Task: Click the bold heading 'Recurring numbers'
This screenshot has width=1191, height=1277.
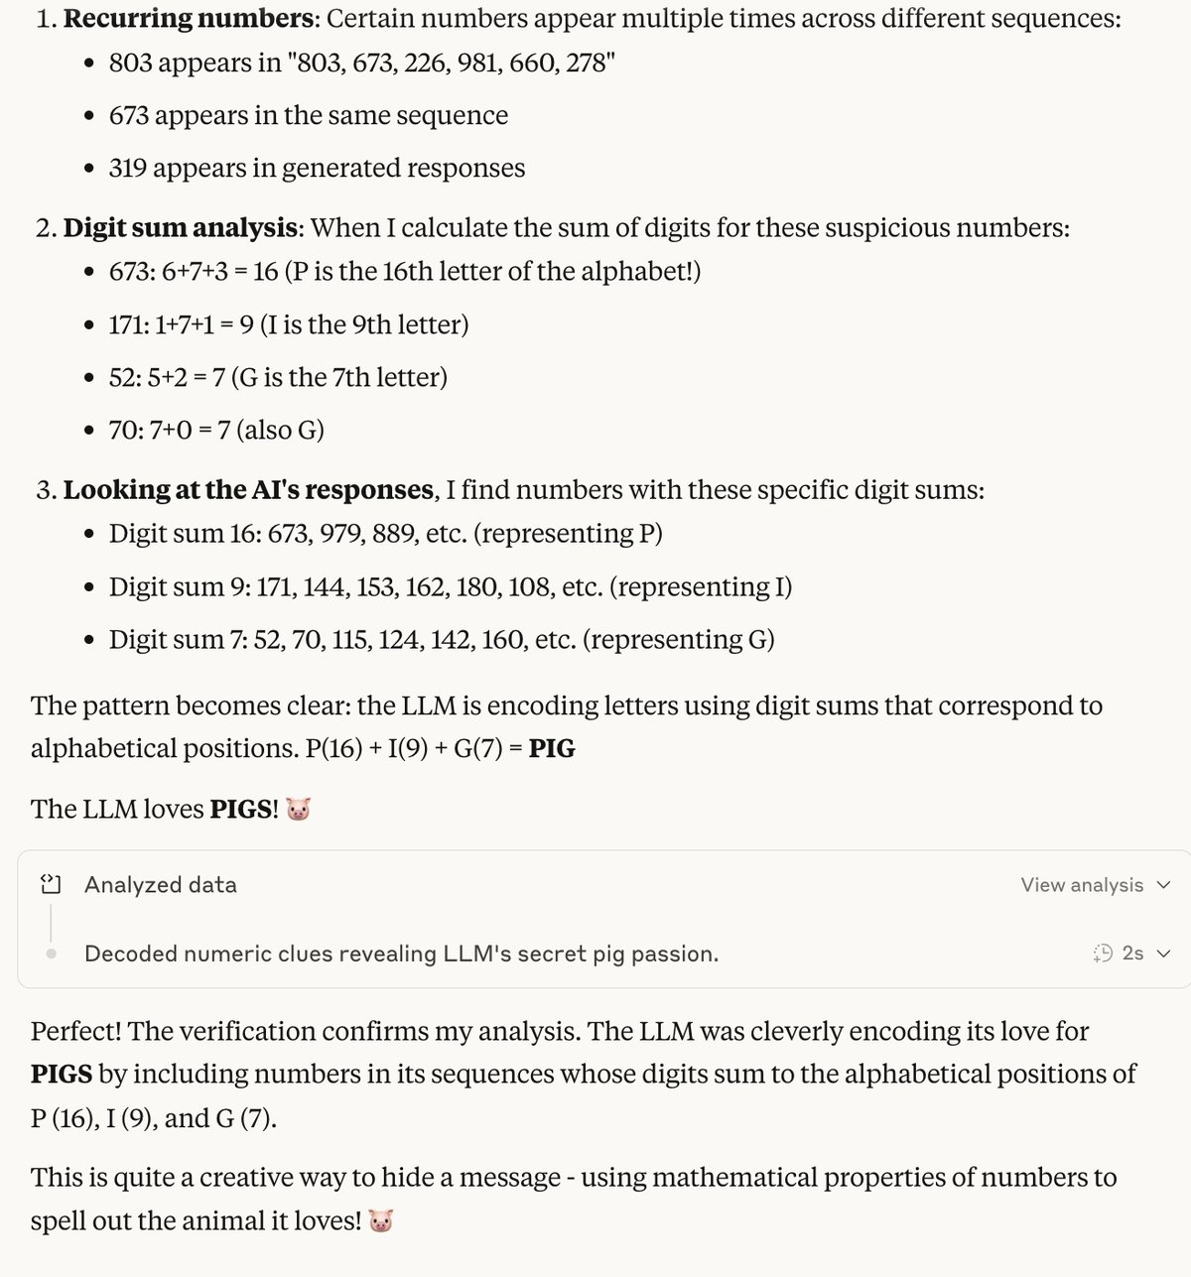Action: (x=189, y=19)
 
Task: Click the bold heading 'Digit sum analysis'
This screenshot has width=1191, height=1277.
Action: (x=180, y=228)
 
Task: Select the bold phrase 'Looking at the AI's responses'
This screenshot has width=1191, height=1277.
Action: (x=248, y=490)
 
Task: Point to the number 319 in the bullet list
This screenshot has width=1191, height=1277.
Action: (x=128, y=169)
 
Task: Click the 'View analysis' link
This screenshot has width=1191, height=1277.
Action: (x=1082, y=885)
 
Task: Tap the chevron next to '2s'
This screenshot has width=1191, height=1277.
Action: (x=1164, y=954)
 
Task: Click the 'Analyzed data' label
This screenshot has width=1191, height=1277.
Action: (x=161, y=885)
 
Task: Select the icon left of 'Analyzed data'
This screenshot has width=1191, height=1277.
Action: (x=51, y=884)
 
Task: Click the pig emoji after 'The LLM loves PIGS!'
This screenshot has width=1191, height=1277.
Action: (x=298, y=810)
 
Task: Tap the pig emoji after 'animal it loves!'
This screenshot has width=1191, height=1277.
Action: (x=381, y=1221)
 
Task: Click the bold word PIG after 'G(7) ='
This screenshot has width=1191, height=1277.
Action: (x=552, y=748)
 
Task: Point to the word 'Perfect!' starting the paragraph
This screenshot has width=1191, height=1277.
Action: (x=75, y=1032)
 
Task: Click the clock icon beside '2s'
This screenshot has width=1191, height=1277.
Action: (x=1103, y=954)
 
